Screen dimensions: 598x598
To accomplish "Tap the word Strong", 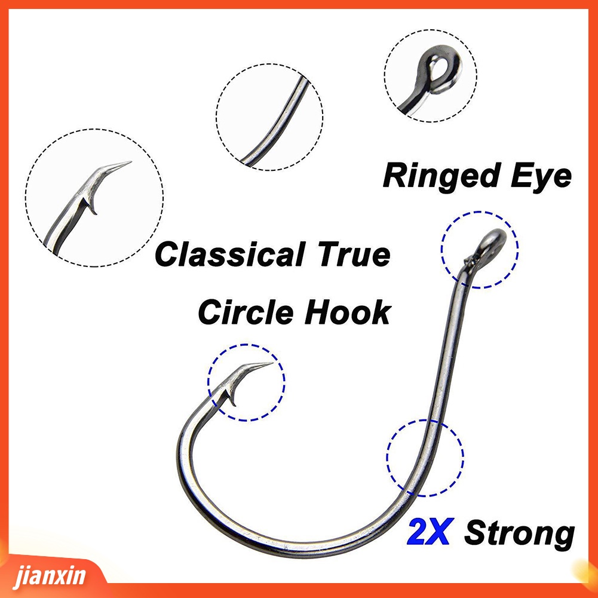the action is point(519,533).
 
